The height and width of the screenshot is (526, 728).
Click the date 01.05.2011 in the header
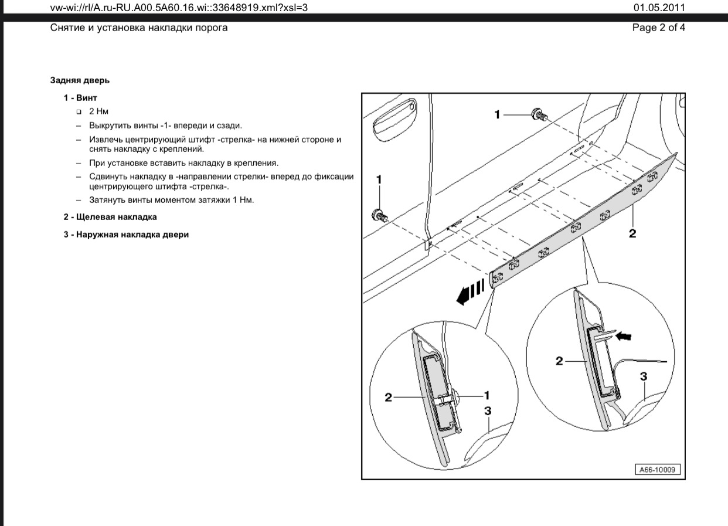658,8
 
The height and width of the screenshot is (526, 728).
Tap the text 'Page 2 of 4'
658,28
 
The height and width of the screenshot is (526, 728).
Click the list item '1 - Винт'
80,97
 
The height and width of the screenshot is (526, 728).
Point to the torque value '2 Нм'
99,111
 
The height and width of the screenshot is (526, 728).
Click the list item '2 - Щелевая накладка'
110,217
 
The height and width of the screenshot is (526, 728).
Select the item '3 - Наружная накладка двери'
126,235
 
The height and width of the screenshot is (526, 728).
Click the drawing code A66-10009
657,470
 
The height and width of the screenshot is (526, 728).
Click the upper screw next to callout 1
538,115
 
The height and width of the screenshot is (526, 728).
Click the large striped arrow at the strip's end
471,291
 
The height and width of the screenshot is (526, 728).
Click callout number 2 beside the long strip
632,233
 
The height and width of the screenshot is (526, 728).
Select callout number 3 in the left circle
488,412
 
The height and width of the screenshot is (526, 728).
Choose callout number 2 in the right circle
559,361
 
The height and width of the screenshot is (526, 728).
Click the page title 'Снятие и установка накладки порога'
139,28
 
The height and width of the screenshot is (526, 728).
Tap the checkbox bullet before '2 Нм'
79,111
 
